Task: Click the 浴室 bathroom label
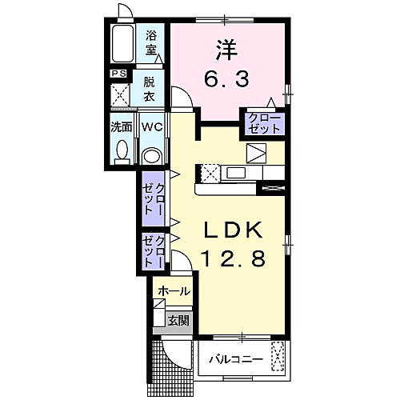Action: click(152, 42)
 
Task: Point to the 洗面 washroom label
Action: click(122, 126)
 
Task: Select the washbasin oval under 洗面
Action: click(122, 150)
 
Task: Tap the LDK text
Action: click(231, 230)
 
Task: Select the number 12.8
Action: click(231, 259)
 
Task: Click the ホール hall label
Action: click(174, 292)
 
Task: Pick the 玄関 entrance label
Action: click(178, 321)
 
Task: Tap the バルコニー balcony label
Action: click(236, 358)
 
